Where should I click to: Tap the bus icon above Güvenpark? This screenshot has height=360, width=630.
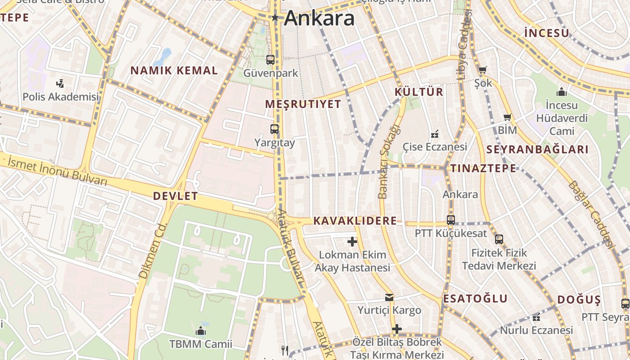270,59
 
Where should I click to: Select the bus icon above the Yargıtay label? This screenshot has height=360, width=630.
274,129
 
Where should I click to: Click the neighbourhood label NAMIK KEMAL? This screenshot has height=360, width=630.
174,71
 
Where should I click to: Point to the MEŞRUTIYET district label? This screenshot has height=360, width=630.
303,104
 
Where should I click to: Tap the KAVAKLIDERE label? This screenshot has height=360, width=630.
355,221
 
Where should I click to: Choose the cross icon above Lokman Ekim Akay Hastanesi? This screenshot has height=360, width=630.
352,242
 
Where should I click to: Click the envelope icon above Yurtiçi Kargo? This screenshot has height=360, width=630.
389,297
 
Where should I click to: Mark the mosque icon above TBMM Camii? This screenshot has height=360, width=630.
201,332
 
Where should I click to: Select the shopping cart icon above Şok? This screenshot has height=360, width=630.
483,70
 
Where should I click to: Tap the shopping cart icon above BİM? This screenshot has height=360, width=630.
508,117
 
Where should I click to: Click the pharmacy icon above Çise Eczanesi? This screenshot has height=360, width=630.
435,134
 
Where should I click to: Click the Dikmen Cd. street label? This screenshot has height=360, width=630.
153,250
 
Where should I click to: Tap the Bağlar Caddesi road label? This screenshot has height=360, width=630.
591,214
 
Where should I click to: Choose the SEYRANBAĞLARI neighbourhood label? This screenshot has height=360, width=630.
538,150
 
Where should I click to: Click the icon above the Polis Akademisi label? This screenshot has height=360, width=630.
60,83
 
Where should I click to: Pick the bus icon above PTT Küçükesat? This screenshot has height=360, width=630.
451,220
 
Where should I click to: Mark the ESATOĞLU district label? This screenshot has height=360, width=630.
475,299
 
